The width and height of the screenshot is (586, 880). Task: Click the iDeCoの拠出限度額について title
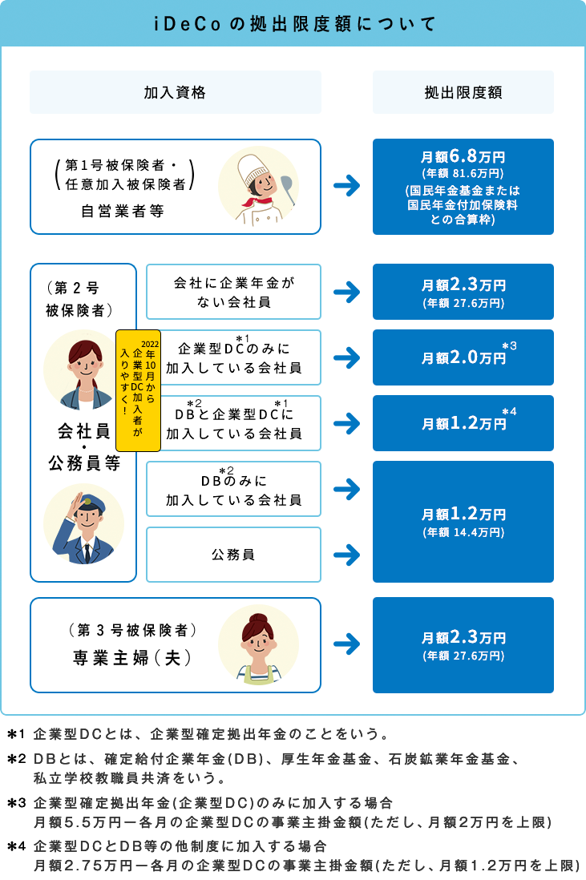[295, 24]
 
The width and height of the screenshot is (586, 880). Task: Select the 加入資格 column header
[175, 93]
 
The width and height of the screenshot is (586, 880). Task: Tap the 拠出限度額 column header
[463, 93]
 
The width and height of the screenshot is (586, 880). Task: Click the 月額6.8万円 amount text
[463, 156]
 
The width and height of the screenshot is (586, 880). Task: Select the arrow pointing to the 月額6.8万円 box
[347, 186]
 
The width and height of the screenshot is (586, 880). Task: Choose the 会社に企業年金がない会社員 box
[233, 292]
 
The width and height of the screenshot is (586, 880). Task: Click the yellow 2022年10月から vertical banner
[138, 390]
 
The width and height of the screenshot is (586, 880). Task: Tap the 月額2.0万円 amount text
[463, 357]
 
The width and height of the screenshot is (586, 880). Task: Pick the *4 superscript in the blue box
[509, 411]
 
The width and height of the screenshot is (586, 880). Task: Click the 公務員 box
[233, 555]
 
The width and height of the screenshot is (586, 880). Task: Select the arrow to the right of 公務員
[347, 555]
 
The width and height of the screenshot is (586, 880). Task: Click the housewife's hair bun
[258, 618]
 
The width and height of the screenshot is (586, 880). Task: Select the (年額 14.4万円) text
[463, 532]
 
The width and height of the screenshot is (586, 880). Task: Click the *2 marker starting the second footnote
[17, 759]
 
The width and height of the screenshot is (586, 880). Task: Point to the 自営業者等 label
[123, 211]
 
